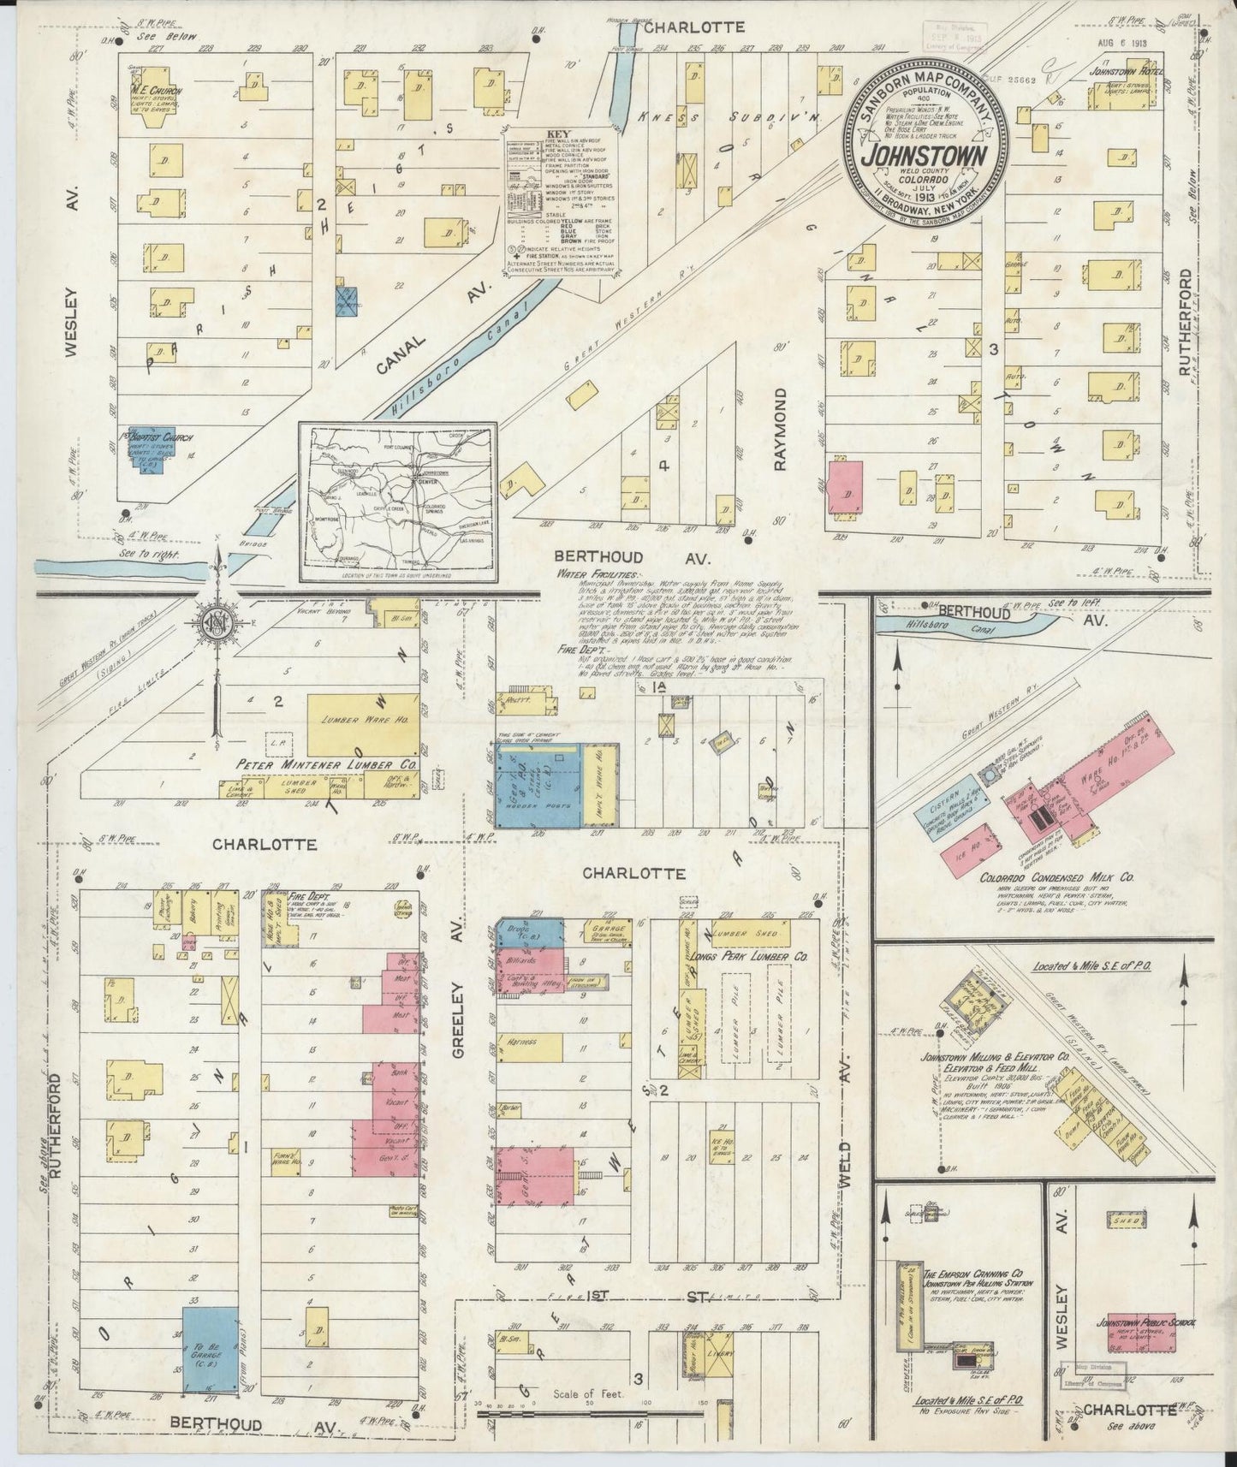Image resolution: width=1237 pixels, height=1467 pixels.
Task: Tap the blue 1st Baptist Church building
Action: tap(152, 448)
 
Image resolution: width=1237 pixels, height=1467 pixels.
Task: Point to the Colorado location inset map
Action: tap(397, 502)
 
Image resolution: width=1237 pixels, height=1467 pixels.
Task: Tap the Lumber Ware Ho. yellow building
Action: tap(363, 721)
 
